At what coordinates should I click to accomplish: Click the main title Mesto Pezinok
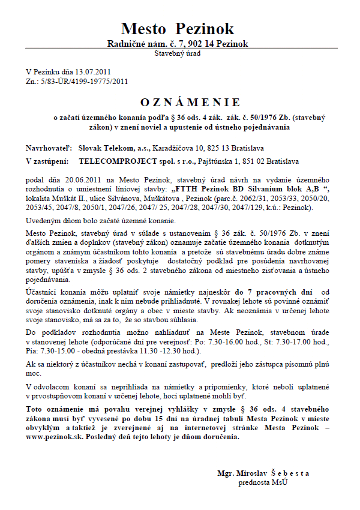[177, 28]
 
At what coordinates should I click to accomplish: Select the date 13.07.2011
[95, 72]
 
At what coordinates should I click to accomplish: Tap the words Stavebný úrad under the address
[177, 53]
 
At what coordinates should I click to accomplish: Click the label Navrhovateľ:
[49, 147]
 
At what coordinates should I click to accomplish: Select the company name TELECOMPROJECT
[115, 161]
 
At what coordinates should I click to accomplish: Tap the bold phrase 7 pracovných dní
[278, 292]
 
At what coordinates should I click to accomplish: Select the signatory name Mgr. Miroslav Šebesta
[263, 473]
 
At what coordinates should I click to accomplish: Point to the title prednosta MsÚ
[263, 482]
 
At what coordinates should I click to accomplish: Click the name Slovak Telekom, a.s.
[107, 147]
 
